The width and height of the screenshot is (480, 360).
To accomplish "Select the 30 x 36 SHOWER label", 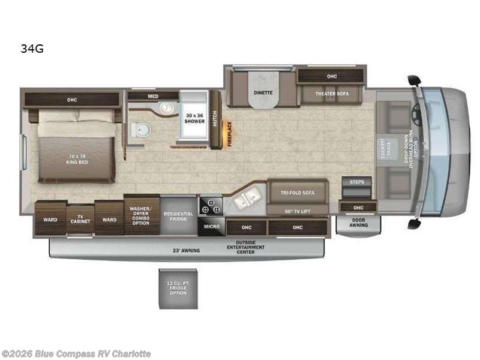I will pos(194,118).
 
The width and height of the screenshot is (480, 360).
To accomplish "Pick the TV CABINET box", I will pos(80,220).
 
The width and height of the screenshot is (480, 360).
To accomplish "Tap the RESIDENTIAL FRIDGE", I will pos(178,216).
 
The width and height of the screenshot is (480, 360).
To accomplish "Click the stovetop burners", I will pos(211,206).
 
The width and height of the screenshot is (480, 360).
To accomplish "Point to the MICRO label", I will pos(211,227).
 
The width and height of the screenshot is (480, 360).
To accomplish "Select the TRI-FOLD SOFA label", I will pos(298,193).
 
